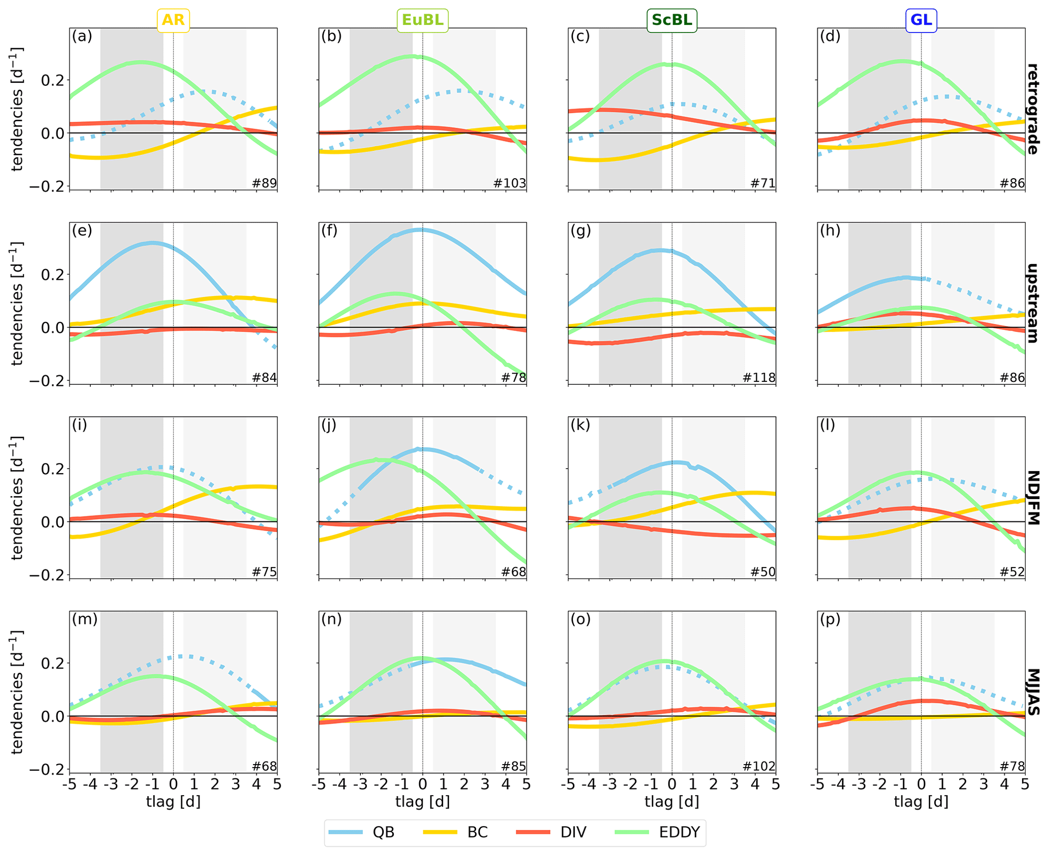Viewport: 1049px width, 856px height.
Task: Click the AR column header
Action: click(173, 20)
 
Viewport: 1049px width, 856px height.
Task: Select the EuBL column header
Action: click(422, 20)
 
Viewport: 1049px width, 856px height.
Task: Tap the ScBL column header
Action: click(671, 20)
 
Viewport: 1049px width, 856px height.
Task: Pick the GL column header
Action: click(921, 20)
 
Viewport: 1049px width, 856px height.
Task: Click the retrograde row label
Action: click(1032, 109)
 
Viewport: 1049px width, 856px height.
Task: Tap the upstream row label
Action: click(1032, 303)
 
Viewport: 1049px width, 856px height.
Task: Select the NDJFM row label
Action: click(1032, 498)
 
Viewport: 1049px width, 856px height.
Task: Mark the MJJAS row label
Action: click(1032, 692)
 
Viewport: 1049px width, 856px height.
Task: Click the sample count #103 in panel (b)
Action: click(510, 183)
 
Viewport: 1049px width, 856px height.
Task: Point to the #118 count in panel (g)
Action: click(759, 378)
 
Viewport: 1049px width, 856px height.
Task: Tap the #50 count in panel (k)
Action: click(763, 572)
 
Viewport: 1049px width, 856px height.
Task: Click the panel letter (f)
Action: click(331, 231)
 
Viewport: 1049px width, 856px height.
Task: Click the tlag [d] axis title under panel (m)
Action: click(173, 802)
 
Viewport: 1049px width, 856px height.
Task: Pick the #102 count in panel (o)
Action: click(759, 766)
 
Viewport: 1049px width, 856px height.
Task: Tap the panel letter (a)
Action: click(82, 36)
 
